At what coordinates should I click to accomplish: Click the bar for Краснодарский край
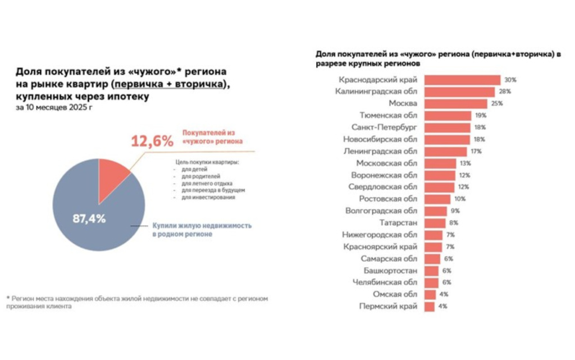[x=462, y=80]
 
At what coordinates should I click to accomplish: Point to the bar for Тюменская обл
[x=448, y=115]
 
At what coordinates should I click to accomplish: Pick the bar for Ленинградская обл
[x=445, y=151]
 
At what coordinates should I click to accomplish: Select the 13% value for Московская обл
[x=464, y=163]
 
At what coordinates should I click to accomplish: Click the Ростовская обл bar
[x=437, y=199]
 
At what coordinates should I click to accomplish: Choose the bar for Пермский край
[x=429, y=307]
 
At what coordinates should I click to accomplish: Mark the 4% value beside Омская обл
[x=444, y=294]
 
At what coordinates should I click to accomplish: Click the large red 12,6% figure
[x=152, y=141]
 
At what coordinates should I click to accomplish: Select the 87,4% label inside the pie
[x=89, y=218]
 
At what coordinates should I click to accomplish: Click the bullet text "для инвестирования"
[x=208, y=198]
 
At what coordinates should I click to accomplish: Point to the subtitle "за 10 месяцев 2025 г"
[x=54, y=108]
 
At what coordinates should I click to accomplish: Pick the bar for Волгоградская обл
[x=436, y=211]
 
